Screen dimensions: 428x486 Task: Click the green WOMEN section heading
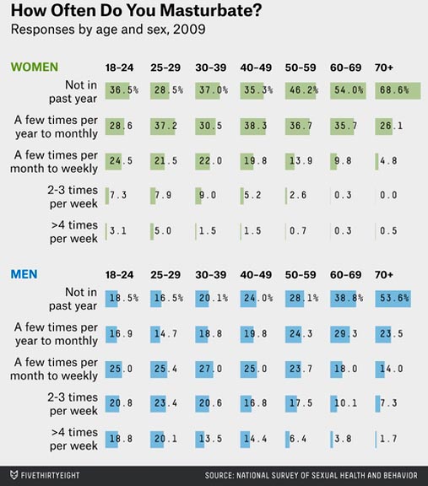pos(35,67)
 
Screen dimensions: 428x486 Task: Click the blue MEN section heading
pos(24,274)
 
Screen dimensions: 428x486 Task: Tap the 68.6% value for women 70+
pos(394,90)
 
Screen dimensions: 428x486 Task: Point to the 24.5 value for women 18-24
pos(121,161)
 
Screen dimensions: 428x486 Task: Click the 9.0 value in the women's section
pos(208,195)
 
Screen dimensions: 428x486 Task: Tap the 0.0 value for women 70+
pos(388,195)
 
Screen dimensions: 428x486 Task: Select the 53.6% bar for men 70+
pos(393,299)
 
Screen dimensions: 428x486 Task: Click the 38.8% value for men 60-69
pos(349,298)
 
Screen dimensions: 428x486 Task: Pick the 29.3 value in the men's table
pos(345,334)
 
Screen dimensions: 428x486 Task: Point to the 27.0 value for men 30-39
pos(210,369)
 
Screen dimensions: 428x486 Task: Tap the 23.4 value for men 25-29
pos(165,403)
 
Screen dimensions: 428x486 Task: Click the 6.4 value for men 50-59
pos(298,439)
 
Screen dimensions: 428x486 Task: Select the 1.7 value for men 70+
pos(388,439)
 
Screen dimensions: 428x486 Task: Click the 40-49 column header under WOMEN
pos(256,67)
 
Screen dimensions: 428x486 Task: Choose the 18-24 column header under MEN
pos(119,275)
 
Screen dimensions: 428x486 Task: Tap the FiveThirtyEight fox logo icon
pos(14,475)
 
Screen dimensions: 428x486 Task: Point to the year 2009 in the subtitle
pos(189,30)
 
